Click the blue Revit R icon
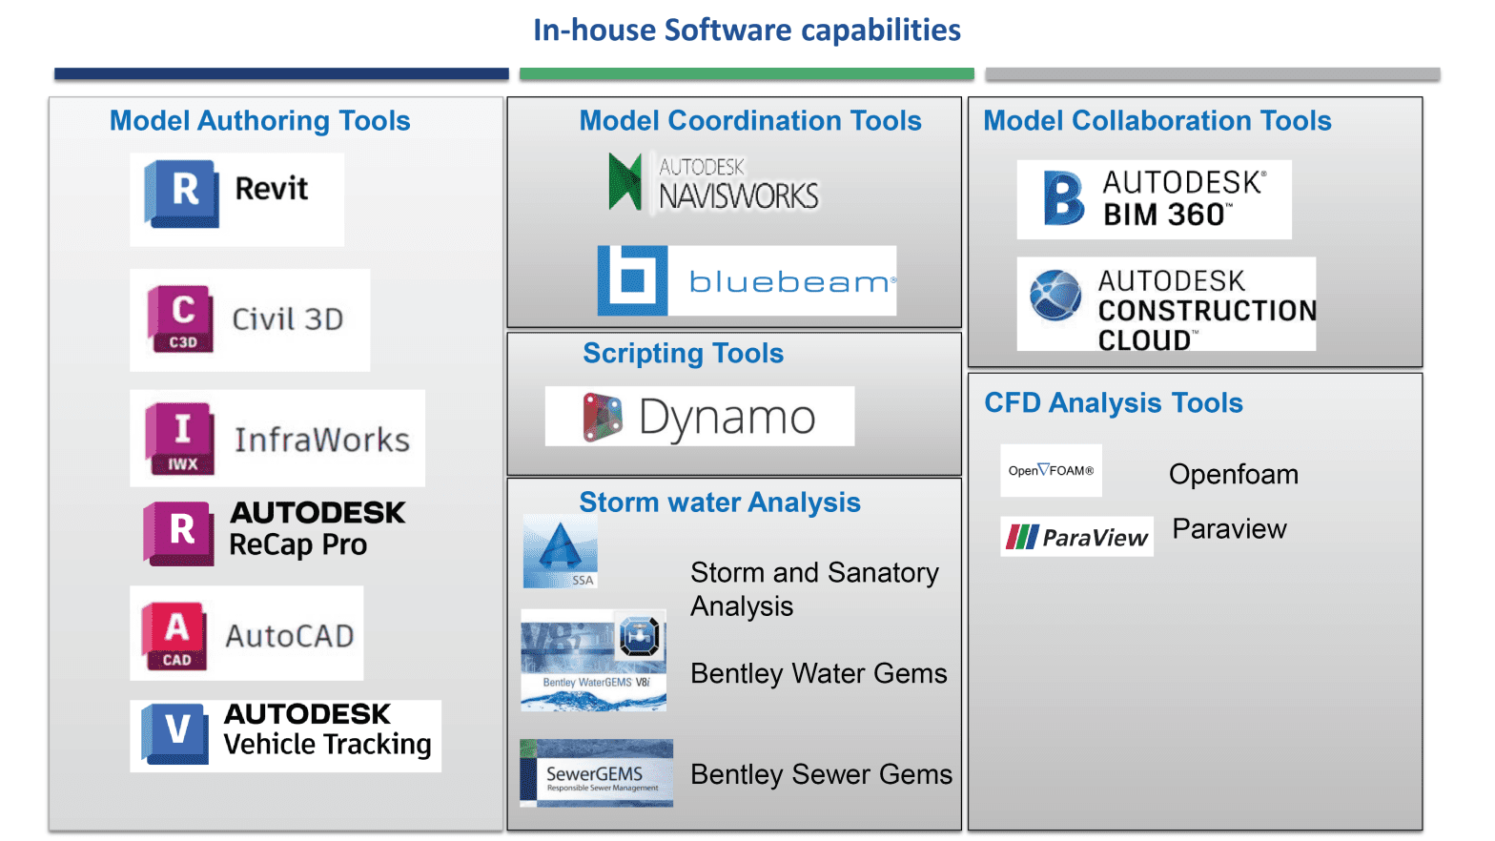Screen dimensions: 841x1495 pos(182,194)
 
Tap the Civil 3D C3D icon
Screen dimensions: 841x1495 pos(181,318)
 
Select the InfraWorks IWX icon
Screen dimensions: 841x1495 pos(180,439)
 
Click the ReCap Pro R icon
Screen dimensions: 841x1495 pos(179,533)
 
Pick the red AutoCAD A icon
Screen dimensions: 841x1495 pos(175,635)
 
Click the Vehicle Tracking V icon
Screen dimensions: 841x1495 pos(175,733)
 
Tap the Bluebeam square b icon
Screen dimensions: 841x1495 pos(632,280)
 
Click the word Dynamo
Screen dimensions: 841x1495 pos(727,418)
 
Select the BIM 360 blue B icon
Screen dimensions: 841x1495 pos(1063,198)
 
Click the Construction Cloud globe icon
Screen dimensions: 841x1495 pos(1055,296)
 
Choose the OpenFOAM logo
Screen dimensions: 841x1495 pos(1051,470)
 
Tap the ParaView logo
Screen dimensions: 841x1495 pos(1077,537)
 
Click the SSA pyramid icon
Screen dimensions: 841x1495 pos(561,552)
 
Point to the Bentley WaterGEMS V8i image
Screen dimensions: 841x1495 pos(593,661)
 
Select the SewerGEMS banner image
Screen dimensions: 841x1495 pos(597,773)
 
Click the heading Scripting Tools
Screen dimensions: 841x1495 pos(683,354)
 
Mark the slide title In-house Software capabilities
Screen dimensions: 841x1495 pos(747,31)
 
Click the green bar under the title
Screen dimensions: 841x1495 pos(747,73)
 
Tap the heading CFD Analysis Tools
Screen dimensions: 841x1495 pos(1113,403)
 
